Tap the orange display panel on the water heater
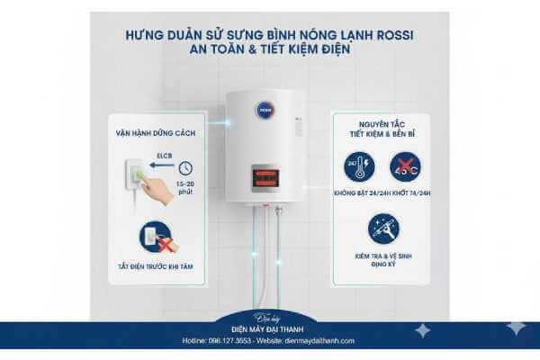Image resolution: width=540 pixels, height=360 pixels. (269, 175)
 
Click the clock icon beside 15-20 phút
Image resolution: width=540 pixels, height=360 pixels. (184, 167)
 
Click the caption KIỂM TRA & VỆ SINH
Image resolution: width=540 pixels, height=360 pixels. (381, 255)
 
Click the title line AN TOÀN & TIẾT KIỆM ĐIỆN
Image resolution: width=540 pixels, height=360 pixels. (269, 51)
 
